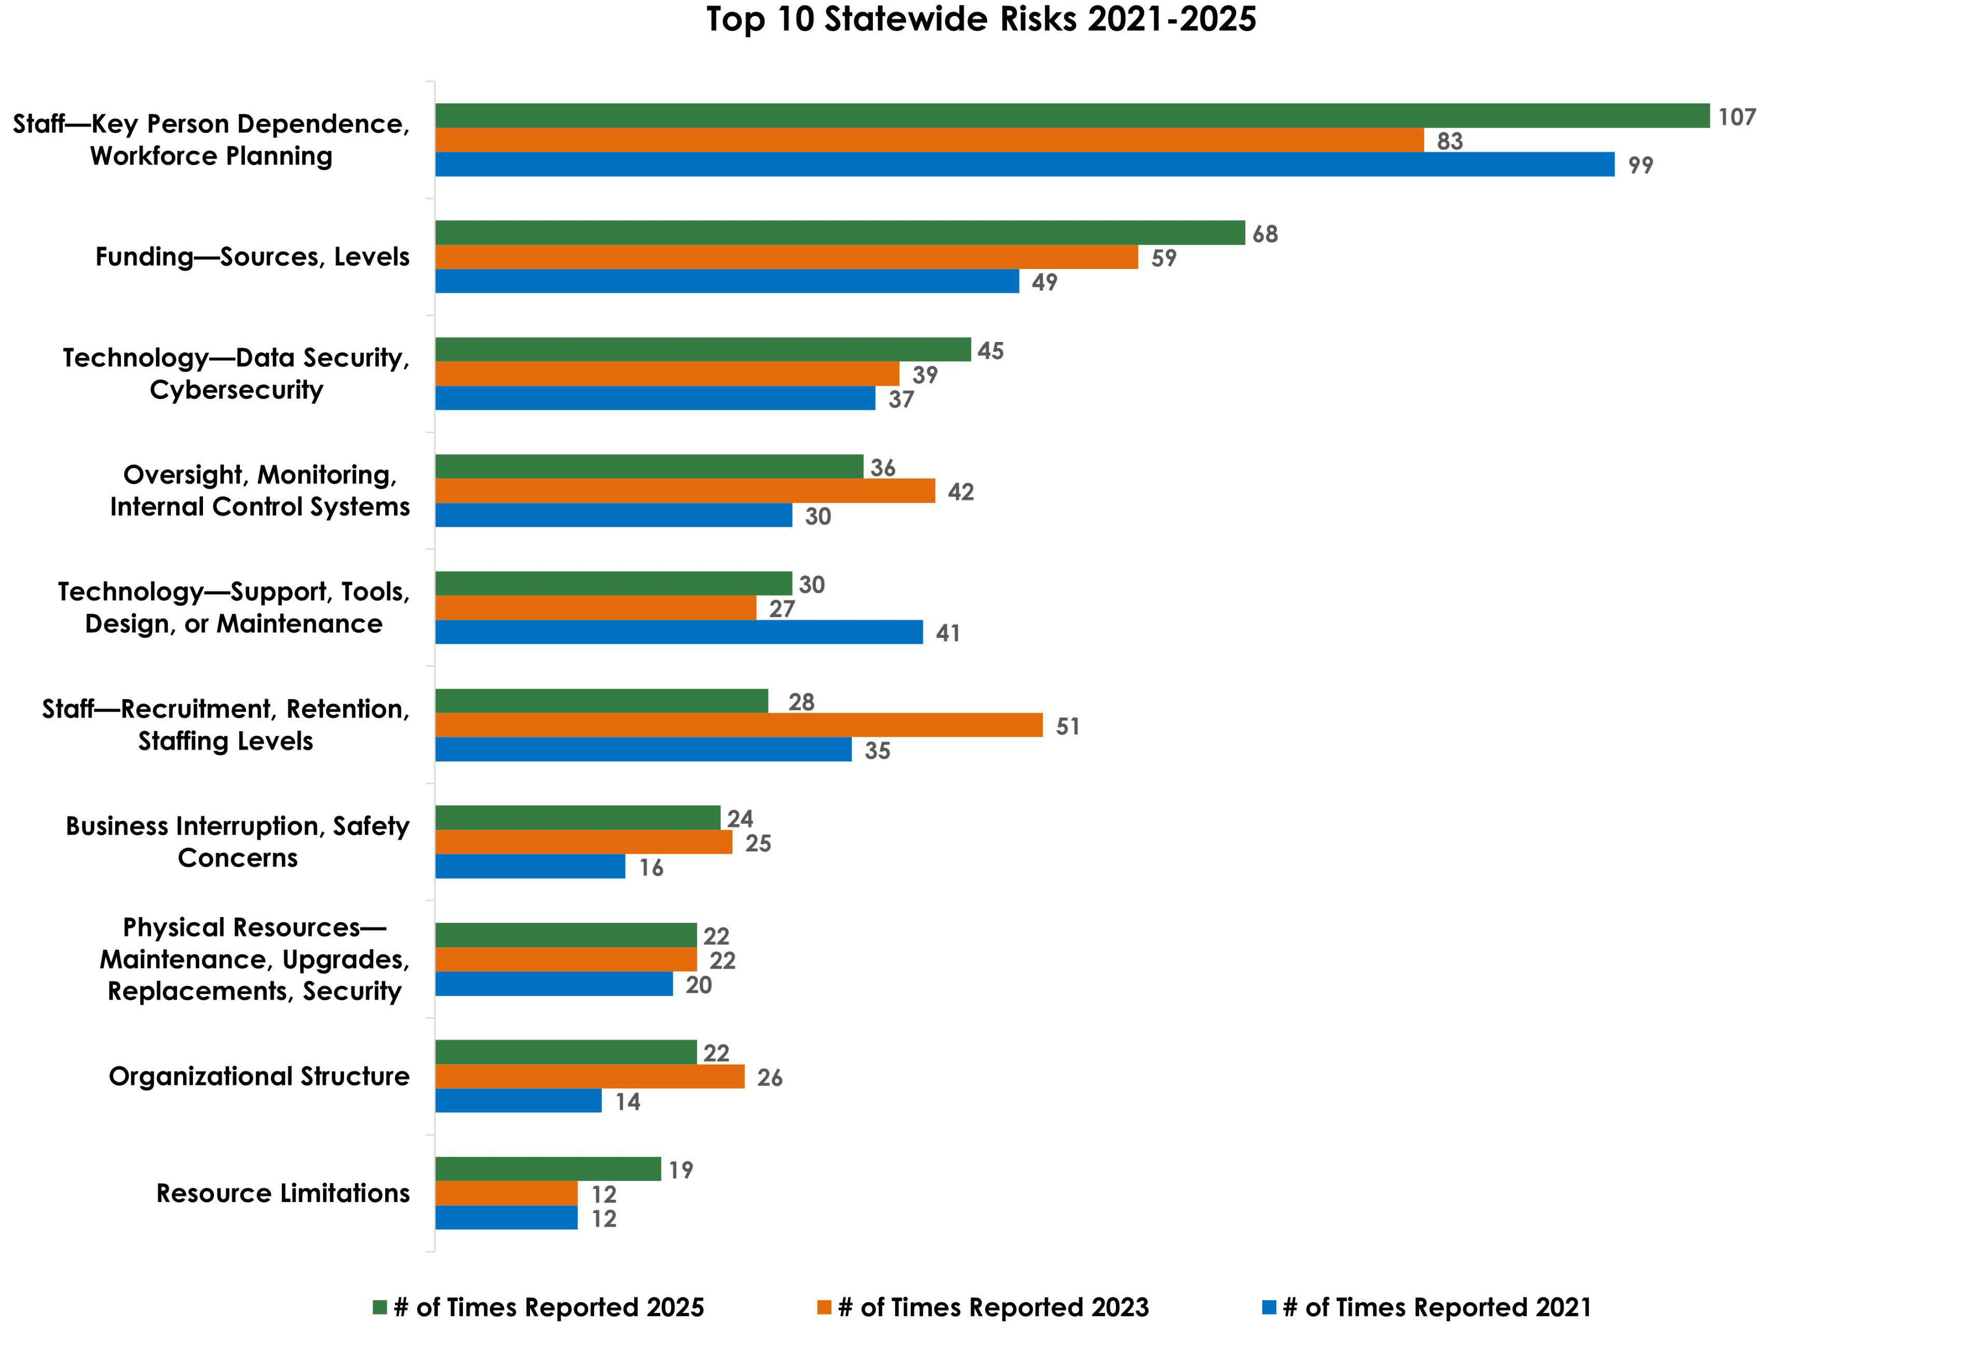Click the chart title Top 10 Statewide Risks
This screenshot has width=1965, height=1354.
(x=981, y=20)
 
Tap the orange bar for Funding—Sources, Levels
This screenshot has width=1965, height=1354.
(x=786, y=257)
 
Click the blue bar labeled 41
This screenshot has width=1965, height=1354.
(x=679, y=632)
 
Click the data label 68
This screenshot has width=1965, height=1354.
(x=1264, y=234)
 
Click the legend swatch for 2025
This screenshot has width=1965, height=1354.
(x=380, y=1307)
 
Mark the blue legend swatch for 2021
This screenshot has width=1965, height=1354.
(x=1270, y=1307)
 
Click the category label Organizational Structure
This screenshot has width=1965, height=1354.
(x=259, y=1076)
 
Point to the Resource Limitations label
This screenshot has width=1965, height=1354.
(x=282, y=1194)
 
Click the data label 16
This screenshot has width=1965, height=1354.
(x=651, y=868)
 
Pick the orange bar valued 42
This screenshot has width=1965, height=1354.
(x=685, y=491)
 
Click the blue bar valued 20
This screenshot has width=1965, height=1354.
(x=553, y=984)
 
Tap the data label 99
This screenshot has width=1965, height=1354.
(x=1640, y=166)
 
